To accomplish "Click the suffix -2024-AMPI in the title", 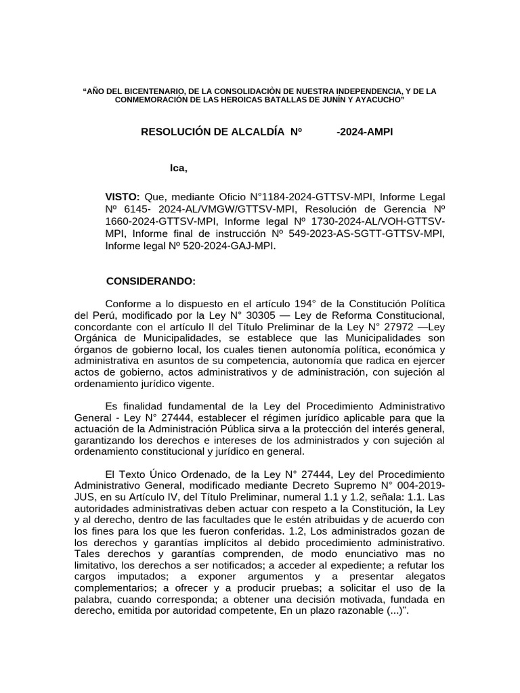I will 364,132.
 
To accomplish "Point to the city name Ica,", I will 178,167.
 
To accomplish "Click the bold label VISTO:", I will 122,196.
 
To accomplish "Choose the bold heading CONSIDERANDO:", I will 152,281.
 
